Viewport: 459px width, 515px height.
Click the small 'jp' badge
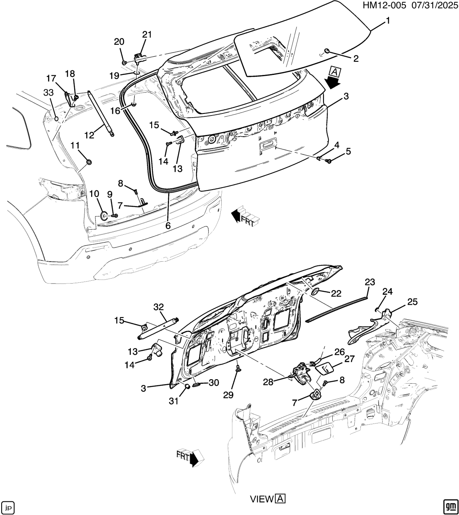point(8,506)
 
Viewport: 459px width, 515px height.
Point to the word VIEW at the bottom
point(262,499)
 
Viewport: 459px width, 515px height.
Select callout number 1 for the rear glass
point(388,21)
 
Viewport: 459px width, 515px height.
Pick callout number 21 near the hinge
point(147,34)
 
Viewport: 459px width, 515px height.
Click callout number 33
point(48,92)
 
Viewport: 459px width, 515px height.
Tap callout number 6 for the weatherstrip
point(168,226)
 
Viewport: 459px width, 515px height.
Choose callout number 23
point(370,282)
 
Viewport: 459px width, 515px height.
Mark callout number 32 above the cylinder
point(159,307)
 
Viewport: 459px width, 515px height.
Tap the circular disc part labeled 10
point(103,216)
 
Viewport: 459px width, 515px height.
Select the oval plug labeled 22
point(315,292)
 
